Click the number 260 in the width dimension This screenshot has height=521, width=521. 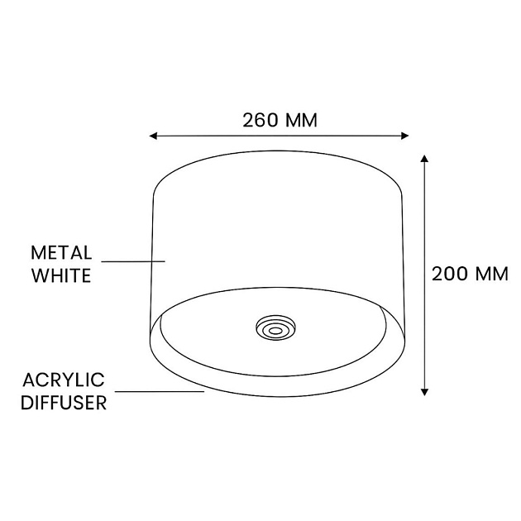(260, 119)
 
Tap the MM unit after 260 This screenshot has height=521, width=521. (300, 119)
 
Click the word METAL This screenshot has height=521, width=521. (60, 251)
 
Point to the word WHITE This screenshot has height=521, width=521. (60, 275)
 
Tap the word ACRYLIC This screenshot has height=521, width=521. (64, 380)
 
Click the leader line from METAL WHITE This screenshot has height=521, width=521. (132, 262)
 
